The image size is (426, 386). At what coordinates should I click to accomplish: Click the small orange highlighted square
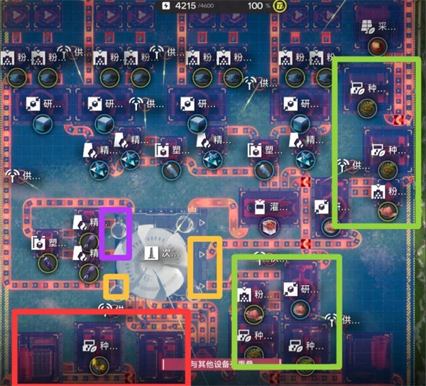tap(116, 287)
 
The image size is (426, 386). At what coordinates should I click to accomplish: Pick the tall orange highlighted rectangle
tap(204, 268)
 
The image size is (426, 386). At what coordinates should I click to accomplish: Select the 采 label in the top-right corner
tap(387, 28)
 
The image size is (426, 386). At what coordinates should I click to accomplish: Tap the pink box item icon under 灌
tap(269, 226)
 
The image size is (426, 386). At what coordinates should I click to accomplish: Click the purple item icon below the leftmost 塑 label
tap(46, 262)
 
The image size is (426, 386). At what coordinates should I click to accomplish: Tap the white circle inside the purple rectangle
tap(119, 227)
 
